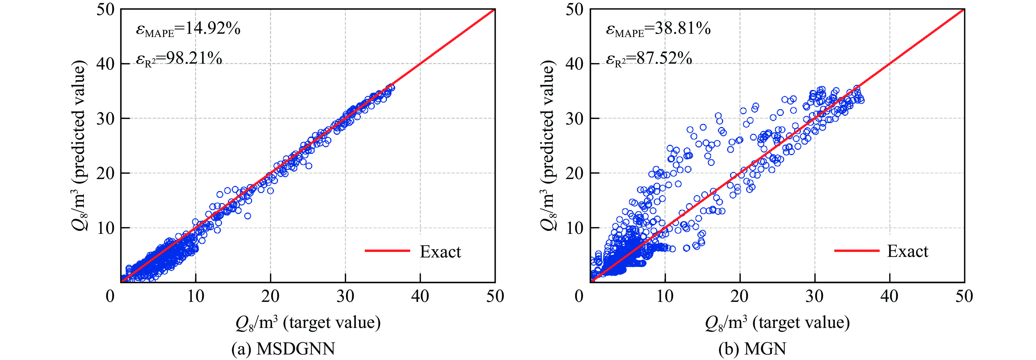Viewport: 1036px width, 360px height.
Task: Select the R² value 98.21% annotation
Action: coord(179,59)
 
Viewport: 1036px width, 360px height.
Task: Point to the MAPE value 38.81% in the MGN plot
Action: coord(658,29)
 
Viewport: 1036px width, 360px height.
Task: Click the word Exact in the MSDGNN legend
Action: coord(440,252)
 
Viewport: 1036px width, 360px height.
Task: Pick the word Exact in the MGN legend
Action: coord(908,251)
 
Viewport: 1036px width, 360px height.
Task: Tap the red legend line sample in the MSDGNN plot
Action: coord(387,251)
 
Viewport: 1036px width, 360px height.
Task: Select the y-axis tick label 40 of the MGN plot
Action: coord(574,64)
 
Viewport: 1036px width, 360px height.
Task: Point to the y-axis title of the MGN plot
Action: coord(548,146)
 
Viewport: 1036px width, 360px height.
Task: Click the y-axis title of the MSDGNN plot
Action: coord(79,146)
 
